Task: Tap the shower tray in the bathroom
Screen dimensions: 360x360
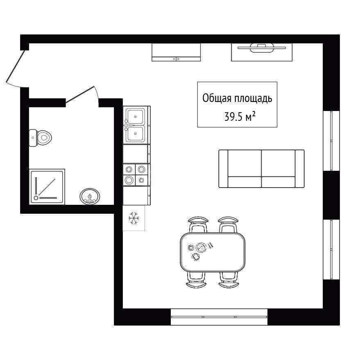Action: (47, 187)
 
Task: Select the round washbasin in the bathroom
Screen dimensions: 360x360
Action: (90, 196)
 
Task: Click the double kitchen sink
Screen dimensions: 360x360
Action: (135, 125)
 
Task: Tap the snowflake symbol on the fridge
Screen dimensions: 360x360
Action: (134, 218)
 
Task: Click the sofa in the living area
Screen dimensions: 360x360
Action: (262, 169)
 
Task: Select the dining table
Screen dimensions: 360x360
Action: (213, 252)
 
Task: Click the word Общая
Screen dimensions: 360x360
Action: (217, 98)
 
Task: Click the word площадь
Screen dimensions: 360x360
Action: (253, 99)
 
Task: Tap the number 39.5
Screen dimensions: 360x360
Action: (233, 117)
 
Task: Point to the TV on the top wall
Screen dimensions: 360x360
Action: (262, 48)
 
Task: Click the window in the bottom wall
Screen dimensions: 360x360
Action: (219, 317)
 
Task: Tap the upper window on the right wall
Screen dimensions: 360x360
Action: (331, 141)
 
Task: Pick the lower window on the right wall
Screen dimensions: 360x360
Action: (331, 249)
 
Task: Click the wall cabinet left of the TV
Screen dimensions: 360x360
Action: (176, 52)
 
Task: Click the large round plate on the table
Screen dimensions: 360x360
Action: (201, 247)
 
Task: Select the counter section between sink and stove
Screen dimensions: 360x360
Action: (137, 154)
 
